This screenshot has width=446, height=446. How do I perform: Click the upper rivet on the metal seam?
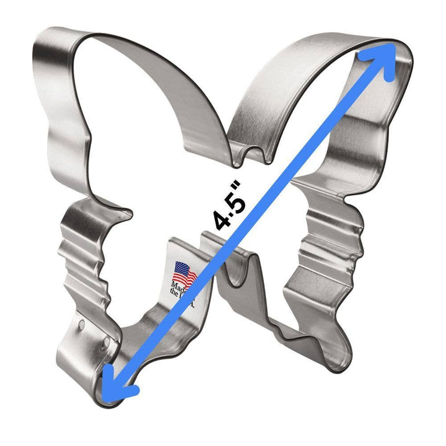click(82, 323)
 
